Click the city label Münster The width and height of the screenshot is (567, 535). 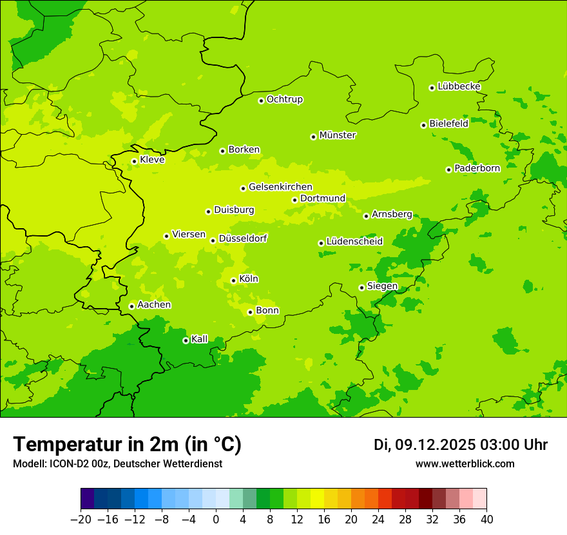[338, 135]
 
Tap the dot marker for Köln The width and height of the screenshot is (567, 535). [233, 280]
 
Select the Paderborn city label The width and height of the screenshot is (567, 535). [477, 168]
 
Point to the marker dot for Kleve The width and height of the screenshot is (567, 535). [134, 161]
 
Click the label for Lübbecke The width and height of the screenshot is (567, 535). [459, 86]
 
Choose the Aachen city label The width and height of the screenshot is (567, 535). [154, 305]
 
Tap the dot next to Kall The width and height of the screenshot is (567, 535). [186, 340]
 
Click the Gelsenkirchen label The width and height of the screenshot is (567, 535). [280, 187]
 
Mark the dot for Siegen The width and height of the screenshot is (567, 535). [361, 287]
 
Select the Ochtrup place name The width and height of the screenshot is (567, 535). [284, 99]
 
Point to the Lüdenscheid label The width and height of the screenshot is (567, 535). [354, 242]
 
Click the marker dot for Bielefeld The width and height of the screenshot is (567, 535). [423, 125]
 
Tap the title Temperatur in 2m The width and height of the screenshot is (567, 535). [127, 445]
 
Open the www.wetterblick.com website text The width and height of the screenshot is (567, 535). [465, 464]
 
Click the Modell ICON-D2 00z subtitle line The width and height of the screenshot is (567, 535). [117, 464]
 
